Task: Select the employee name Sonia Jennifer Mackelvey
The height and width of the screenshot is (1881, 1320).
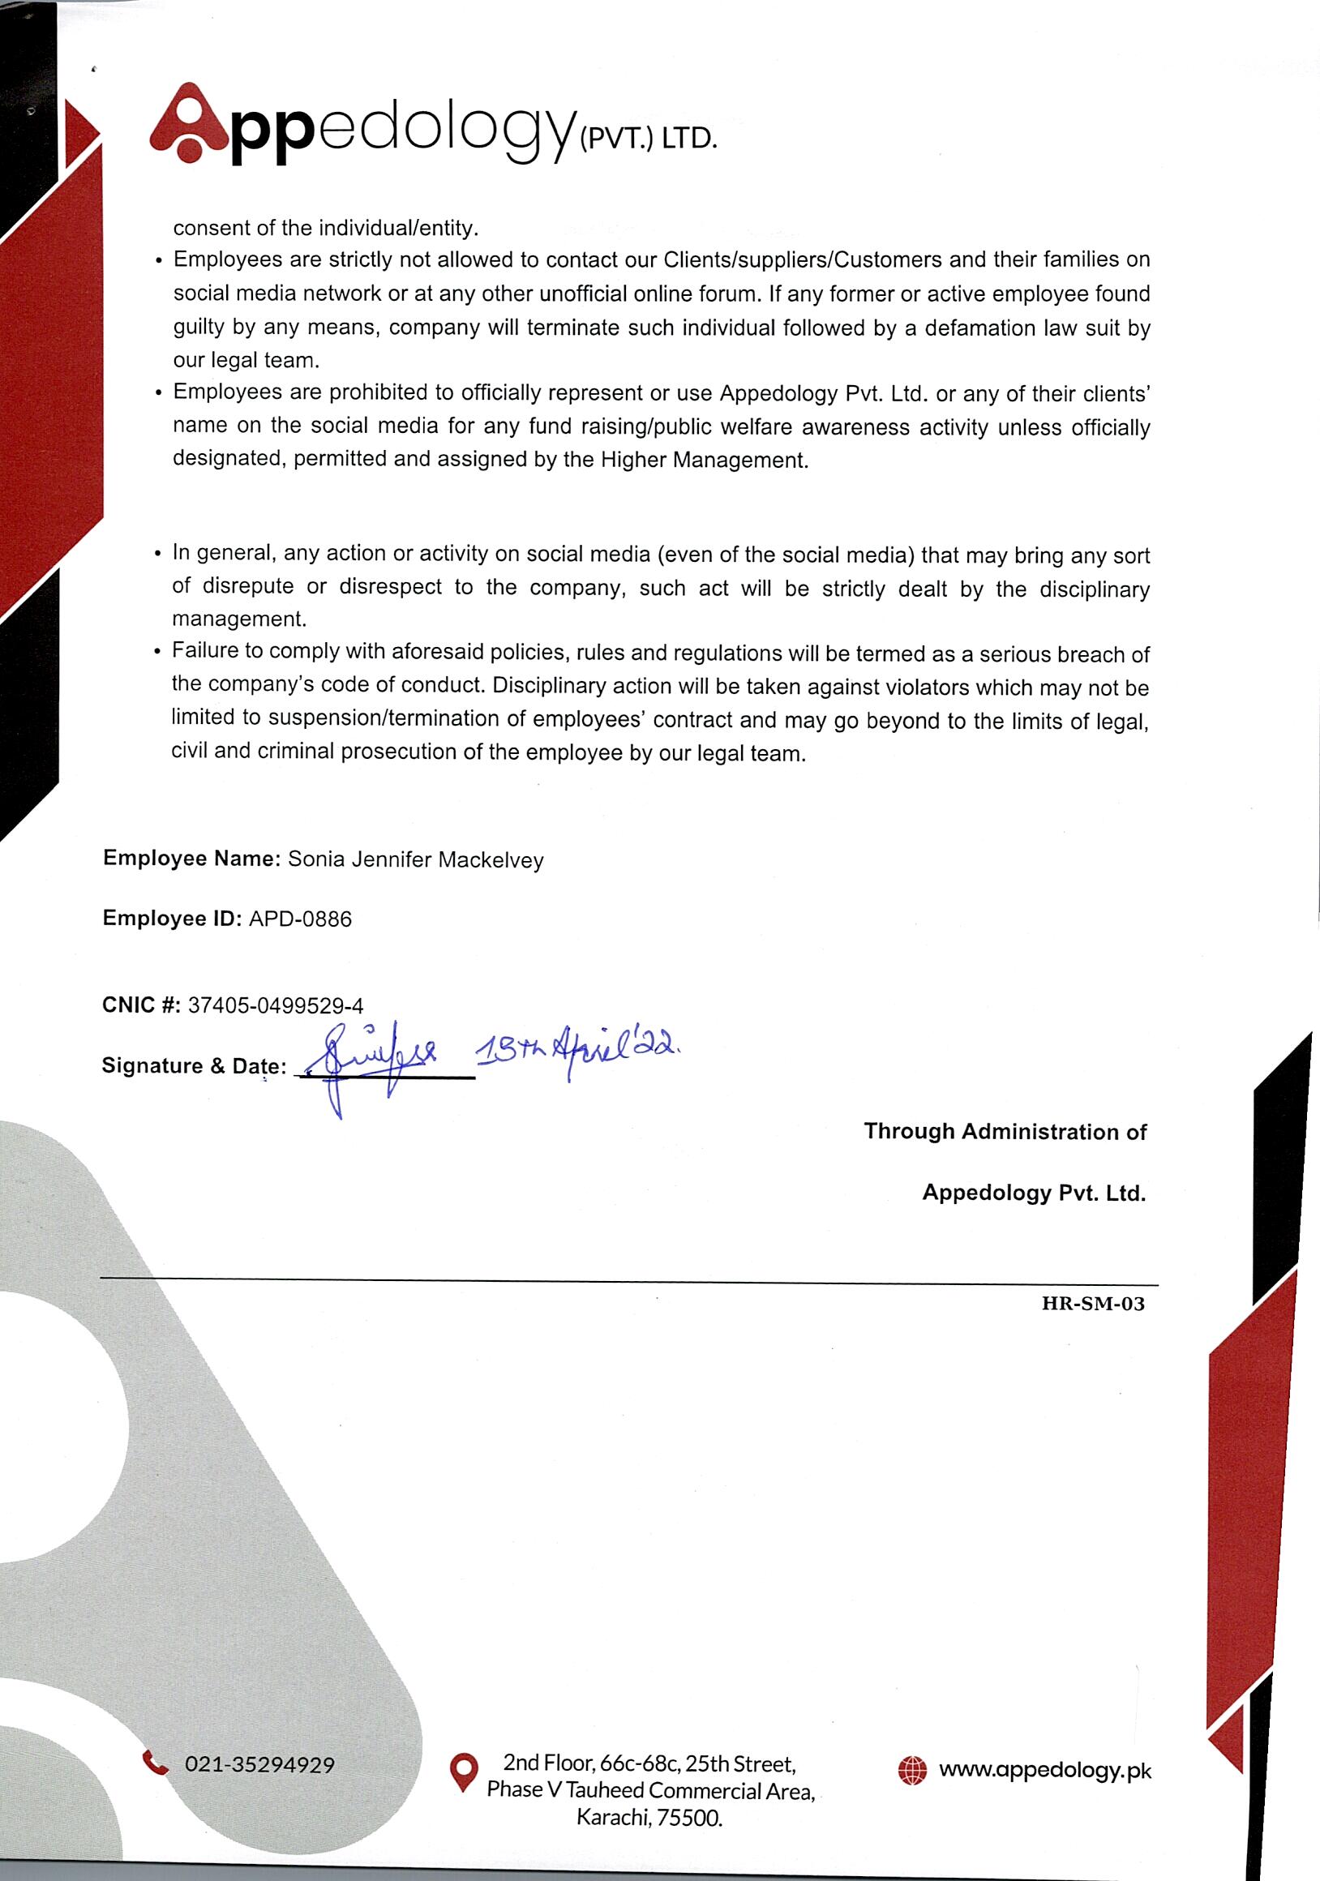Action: [415, 859]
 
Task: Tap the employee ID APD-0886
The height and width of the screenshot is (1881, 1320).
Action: [300, 919]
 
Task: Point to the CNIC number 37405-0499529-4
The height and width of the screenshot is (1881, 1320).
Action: [276, 1005]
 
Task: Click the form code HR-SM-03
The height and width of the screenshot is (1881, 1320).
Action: [1092, 1304]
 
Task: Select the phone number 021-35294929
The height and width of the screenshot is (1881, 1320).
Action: [259, 1765]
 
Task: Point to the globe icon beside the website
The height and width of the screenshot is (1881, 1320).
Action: [912, 1770]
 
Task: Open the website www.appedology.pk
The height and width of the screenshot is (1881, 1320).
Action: [1044, 1770]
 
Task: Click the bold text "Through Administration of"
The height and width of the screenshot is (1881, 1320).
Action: [1005, 1131]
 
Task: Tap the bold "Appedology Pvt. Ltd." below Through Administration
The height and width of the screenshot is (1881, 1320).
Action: [1033, 1193]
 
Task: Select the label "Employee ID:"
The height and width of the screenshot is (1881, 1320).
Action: [171, 919]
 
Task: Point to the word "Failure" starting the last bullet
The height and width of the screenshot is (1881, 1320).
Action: [206, 650]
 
